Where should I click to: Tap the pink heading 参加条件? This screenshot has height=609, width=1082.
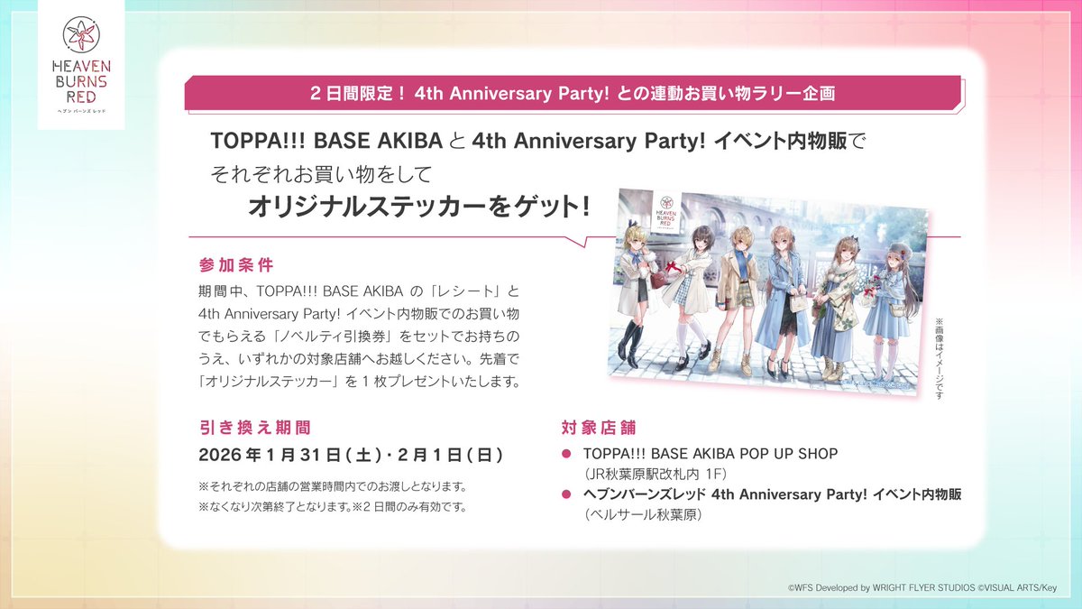click(235, 266)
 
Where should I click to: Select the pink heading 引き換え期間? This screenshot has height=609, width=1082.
click(254, 427)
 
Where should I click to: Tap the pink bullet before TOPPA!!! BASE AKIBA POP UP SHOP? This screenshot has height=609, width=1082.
click(566, 454)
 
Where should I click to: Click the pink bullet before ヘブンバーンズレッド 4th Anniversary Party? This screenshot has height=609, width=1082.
click(566, 494)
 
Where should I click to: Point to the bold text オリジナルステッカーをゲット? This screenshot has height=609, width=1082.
click(419, 207)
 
